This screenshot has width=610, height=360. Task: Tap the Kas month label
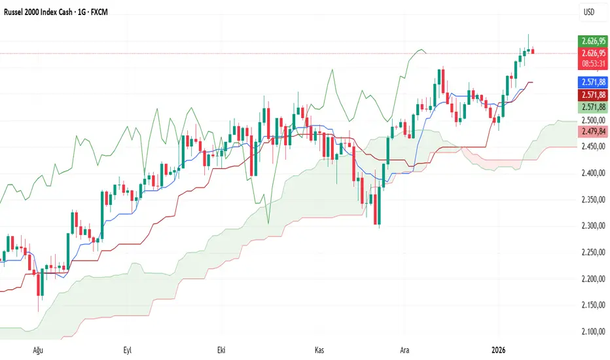(319, 350)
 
